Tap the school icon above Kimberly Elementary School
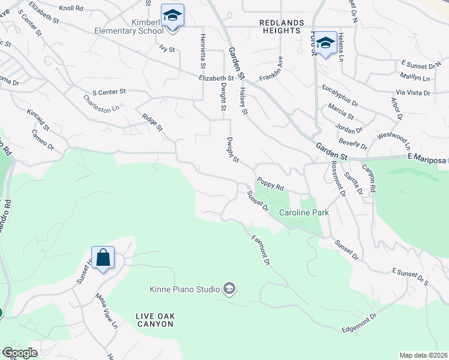172,16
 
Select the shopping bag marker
103,257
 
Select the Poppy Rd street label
270,184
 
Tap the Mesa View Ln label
106,311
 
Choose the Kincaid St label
38,120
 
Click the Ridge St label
152,122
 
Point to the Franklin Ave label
271,70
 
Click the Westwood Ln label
394,141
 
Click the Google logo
20,353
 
